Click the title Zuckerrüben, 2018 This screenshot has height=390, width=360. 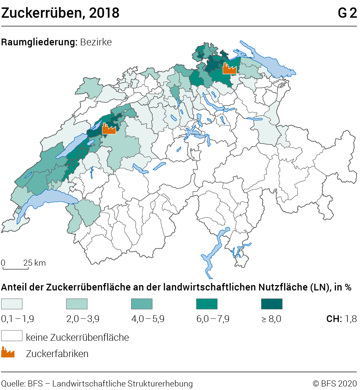click(x=60, y=13)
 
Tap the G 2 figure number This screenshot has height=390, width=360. click(x=347, y=13)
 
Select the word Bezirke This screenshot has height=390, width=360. click(x=96, y=42)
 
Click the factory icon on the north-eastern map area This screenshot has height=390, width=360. click(x=229, y=68)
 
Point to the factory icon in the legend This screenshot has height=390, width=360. click(x=8, y=353)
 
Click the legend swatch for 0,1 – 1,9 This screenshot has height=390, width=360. click(x=12, y=304)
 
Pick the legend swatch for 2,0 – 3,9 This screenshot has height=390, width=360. click(x=77, y=304)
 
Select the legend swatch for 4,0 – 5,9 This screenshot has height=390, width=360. click(x=142, y=304)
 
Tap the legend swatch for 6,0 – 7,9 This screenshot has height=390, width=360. click(x=207, y=304)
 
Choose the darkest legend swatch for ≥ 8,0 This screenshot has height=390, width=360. click(x=272, y=304)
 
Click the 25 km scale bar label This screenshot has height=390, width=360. click(x=35, y=263)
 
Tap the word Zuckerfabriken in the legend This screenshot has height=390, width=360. click(x=57, y=354)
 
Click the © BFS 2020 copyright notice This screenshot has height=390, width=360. click(x=335, y=383)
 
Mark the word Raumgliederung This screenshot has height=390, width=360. click(x=39, y=42)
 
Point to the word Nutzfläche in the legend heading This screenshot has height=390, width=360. click(x=281, y=287)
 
